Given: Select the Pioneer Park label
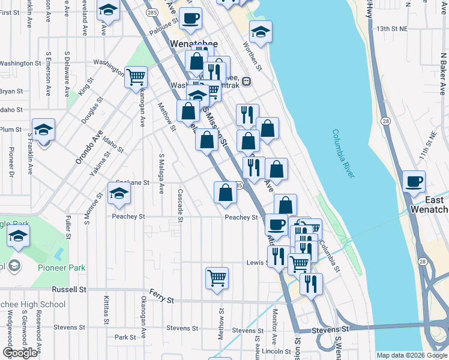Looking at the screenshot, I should tap(61, 268).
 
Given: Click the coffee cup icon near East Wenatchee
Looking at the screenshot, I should tap(414, 182).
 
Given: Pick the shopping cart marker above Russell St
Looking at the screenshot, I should tap(217, 278).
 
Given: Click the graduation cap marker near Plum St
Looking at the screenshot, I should tap(43, 131).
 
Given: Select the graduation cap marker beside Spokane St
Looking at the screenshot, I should tap(119, 194).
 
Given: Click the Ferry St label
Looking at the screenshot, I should tap(161, 299).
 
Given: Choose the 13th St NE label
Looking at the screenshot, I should tap(391, 28).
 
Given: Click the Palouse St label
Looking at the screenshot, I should tap(164, 23).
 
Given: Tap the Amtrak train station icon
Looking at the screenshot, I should tap(246, 82).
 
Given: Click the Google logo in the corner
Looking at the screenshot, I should tap(20, 353).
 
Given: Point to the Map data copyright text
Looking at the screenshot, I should tap(411, 355).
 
